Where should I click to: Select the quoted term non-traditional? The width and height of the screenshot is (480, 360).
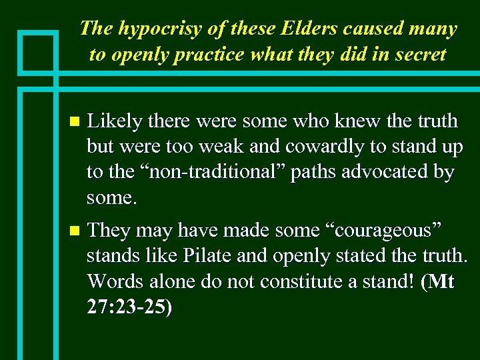coord(193,172)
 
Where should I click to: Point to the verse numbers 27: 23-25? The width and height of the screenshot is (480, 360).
coord(128,307)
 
